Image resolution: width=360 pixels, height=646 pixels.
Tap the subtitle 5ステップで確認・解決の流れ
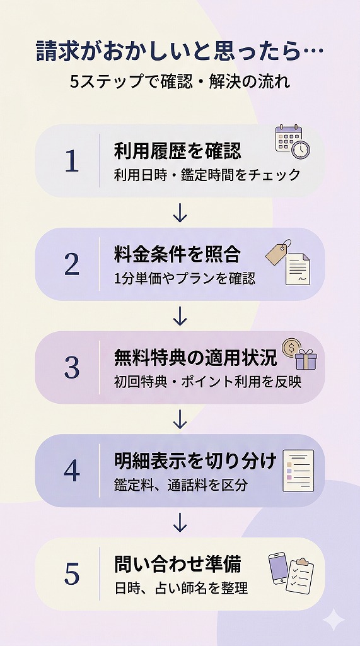[180, 82]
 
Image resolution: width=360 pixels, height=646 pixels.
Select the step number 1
[72, 161]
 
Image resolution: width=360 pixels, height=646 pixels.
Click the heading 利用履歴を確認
[177, 151]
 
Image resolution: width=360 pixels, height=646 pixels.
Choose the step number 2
[72, 265]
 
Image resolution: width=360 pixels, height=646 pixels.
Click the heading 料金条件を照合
[177, 254]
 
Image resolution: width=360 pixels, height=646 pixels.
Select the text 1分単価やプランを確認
[185, 278]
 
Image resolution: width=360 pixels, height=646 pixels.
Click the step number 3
[72, 368]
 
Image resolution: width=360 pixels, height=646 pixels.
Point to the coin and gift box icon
[299, 354]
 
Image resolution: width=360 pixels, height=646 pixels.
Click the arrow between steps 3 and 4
[180, 419]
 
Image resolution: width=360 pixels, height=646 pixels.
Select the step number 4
[72, 471]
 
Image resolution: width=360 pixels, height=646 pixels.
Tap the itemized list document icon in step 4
[298, 470]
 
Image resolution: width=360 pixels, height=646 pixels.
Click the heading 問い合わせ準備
[177, 564]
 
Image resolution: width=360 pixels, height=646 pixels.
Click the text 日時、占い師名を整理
[181, 588]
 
